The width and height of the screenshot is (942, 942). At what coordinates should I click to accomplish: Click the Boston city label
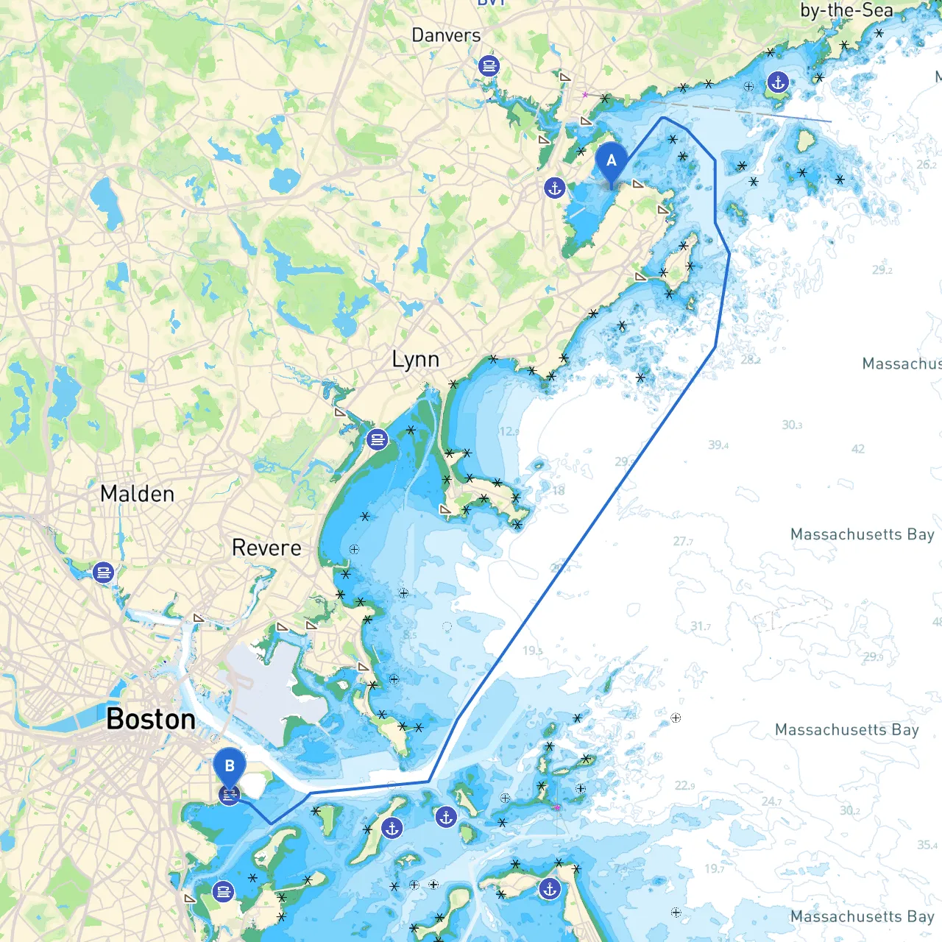coord(151,719)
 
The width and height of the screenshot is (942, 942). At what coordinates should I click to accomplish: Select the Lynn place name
coord(416,360)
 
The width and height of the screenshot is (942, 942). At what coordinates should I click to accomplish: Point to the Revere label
coord(266,548)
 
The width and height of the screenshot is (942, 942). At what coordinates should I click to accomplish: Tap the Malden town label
coord(138,494)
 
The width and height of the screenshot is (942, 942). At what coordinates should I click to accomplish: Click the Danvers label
coord(446,35)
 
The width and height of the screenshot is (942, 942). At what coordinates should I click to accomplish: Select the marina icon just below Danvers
coord(489,66)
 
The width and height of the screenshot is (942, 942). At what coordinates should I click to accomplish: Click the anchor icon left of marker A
coord(555,188)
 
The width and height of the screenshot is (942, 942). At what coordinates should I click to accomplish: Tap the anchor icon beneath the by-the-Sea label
coord(778,82)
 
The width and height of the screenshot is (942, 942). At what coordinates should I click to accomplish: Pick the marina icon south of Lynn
coord(378,440)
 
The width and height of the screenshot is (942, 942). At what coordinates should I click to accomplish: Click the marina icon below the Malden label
coord(104,572)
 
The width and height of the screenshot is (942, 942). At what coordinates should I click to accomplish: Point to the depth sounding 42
coord(858,449)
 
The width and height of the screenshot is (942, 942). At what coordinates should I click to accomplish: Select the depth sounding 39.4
coord(718,445)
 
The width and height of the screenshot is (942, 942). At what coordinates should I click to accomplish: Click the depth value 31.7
coord(701,627)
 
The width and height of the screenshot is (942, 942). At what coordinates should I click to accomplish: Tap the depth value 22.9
coord(684,786)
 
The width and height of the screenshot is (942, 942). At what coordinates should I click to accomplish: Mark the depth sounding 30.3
coord(792,425)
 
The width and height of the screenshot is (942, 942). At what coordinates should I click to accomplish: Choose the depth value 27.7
coord(683,542)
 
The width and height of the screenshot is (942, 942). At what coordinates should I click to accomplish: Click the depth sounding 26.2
coord(927,165)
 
